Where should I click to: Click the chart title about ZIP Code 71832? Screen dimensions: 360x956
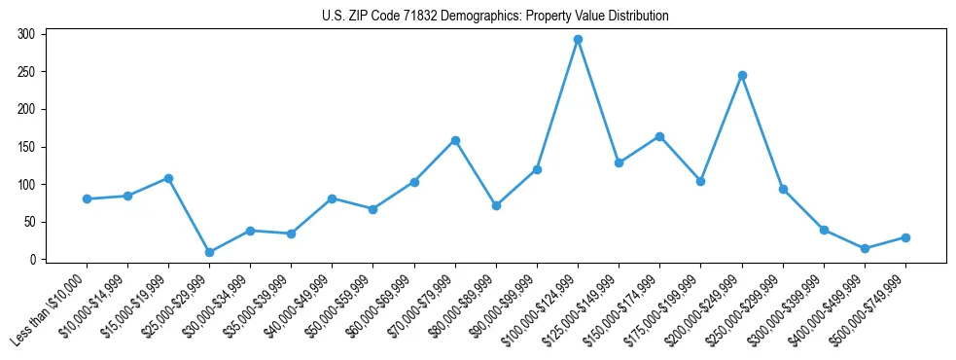pos(495,17)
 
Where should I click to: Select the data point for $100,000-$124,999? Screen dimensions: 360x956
pos(578,40)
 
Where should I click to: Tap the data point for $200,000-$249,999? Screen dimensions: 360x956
pos(742,75)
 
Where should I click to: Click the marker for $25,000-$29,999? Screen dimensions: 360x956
pos(209,252)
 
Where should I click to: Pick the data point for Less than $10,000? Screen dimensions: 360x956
pos(87,198)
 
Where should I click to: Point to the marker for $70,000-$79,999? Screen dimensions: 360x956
pos(455,140)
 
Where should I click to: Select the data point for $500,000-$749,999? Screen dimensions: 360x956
pos(905,237)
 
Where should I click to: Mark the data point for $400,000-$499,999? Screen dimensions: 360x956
pos(865,248)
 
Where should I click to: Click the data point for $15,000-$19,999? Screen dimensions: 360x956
pos(168,178)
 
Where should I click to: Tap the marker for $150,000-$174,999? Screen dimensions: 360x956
pos(659,136)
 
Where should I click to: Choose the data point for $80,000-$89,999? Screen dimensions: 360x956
pos(496,205)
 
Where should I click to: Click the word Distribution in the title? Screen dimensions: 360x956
pos(637,17)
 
